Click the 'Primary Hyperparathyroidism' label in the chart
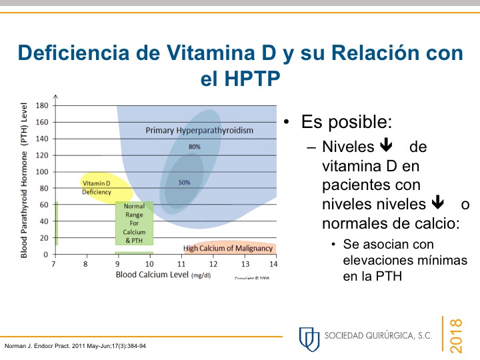click(x=199, y=131)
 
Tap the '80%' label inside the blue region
click(x=194, y=147)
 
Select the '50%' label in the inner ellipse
click(x=184, y=182)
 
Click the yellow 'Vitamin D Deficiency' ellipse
click(x=97, y=187)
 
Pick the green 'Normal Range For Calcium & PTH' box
click(x=134, y=223)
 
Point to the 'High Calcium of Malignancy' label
click(x=228, y=249)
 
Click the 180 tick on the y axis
click(x=42, y=105)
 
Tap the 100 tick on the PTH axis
click(x=42, y=172)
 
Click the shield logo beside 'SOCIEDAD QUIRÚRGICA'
click(x=309, y=337)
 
